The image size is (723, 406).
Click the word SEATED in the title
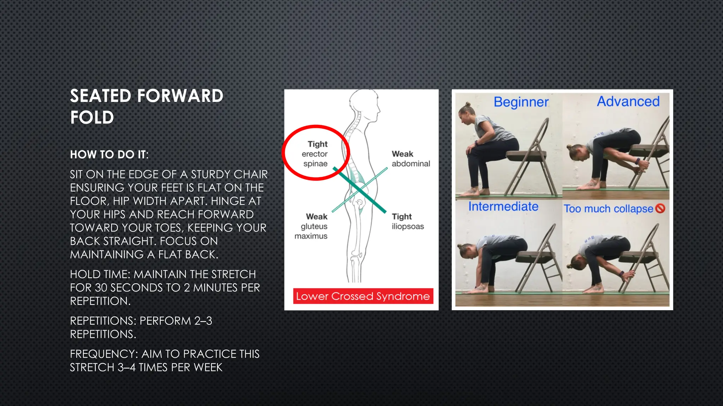coord(101,96)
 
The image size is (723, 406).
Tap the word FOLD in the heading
coord(92,118)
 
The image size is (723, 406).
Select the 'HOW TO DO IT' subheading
coord(109,154)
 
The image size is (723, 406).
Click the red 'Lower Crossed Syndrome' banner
coord(363,296)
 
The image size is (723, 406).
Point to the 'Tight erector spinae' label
coord(315,154)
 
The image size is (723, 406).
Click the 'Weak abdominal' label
coord(411,159)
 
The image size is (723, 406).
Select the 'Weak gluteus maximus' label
coord(312,226)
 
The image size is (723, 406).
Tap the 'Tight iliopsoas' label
coord(407,221)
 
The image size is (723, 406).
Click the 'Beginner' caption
coord(521,102)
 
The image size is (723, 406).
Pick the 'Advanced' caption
coord(628,101)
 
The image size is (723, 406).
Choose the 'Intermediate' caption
coord(503,207)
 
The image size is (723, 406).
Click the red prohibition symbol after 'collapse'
coord(660,208)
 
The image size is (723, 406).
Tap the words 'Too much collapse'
coord(608,209)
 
